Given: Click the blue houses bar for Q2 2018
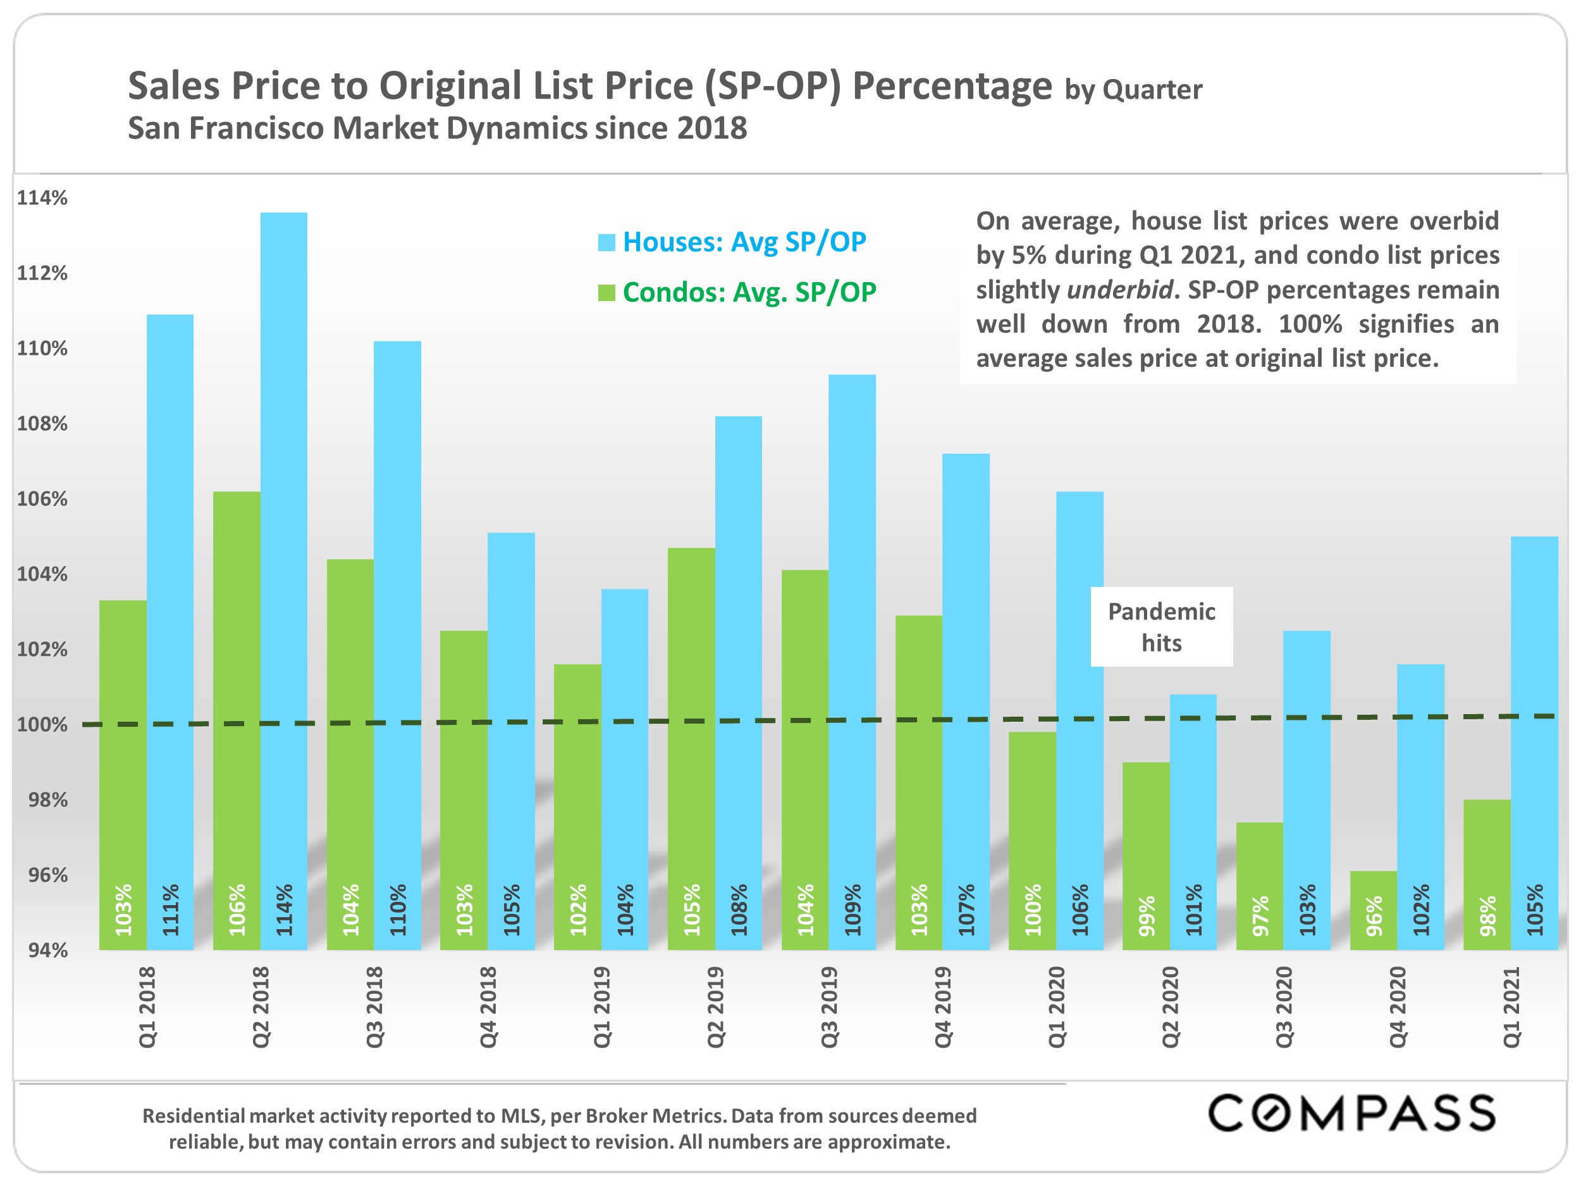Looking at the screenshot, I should tap(284, 572).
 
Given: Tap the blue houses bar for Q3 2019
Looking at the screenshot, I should tap(852, 643).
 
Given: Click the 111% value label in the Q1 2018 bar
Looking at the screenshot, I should tap(170, 910).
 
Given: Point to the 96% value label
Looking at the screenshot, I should tap(1374, 916).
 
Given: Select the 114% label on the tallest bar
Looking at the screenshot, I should tap(285, 910).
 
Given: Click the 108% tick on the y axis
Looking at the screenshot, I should tap(42, 424).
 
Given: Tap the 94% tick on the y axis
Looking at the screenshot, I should tap(47, 950).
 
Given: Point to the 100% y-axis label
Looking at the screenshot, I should tap(42, 725).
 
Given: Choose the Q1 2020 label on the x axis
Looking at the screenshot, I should tap(1056, 1006).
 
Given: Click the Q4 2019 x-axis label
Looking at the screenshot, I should tap(943, 1006).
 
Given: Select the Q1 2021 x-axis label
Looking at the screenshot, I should tap(1511, 1006).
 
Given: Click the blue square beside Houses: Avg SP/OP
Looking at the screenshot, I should tap(606, 242).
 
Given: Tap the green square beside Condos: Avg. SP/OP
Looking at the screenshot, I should tap(606, 293).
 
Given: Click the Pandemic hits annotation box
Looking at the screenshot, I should tap(1160, 627).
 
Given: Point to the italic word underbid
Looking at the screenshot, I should tap(1119, 290).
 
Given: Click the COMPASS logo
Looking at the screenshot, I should tap(1351, 1113).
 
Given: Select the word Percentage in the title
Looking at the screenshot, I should tap(952, 87).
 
